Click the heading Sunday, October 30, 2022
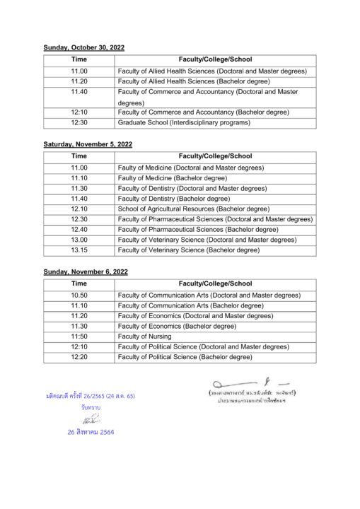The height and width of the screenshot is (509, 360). (83, 47)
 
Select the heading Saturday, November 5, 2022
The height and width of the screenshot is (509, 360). (88, 144)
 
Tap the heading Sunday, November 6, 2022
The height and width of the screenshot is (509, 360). (86, 271)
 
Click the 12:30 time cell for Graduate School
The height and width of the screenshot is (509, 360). (79, 122)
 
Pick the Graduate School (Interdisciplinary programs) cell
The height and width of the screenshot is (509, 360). (184, 122)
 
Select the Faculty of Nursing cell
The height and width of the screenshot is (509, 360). (147, 337)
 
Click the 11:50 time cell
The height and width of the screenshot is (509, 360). (79, 337)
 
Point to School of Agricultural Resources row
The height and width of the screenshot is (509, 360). (193, 209)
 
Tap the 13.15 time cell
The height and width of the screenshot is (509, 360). (79, 250)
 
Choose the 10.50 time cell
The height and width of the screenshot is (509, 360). (79, 295)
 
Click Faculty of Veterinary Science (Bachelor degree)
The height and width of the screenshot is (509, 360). (188, 250)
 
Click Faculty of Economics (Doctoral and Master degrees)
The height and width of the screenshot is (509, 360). (204, 315)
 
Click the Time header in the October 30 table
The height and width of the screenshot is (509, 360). (79, 59)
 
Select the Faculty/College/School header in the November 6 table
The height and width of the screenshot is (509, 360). (215, 283)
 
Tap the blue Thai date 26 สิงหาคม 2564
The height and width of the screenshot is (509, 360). (91, 431)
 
